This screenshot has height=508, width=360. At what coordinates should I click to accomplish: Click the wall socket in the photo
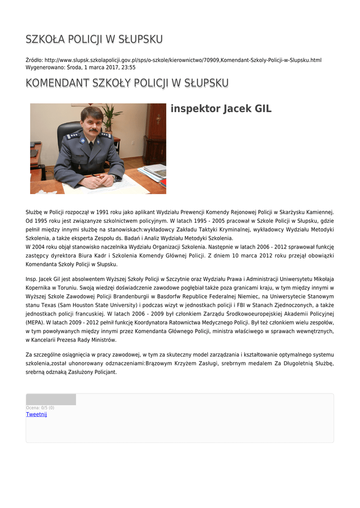(x=134, y=142)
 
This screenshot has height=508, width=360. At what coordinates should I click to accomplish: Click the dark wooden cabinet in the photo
(x=155, y=134)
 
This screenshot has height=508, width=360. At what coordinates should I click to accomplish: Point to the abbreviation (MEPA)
(x=34, y=321)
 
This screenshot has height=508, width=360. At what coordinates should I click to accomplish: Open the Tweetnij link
(x=36, y=414)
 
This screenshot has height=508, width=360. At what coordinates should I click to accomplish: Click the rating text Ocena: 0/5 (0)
(x=40, y=408)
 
